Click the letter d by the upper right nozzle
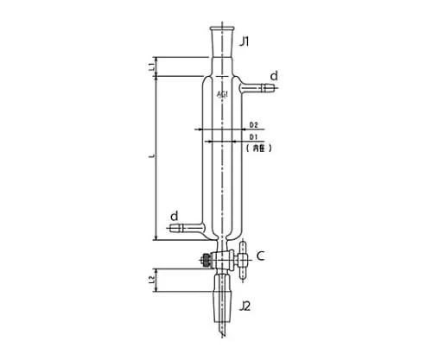click(275, 75)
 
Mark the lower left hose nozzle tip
click(175, 229)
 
